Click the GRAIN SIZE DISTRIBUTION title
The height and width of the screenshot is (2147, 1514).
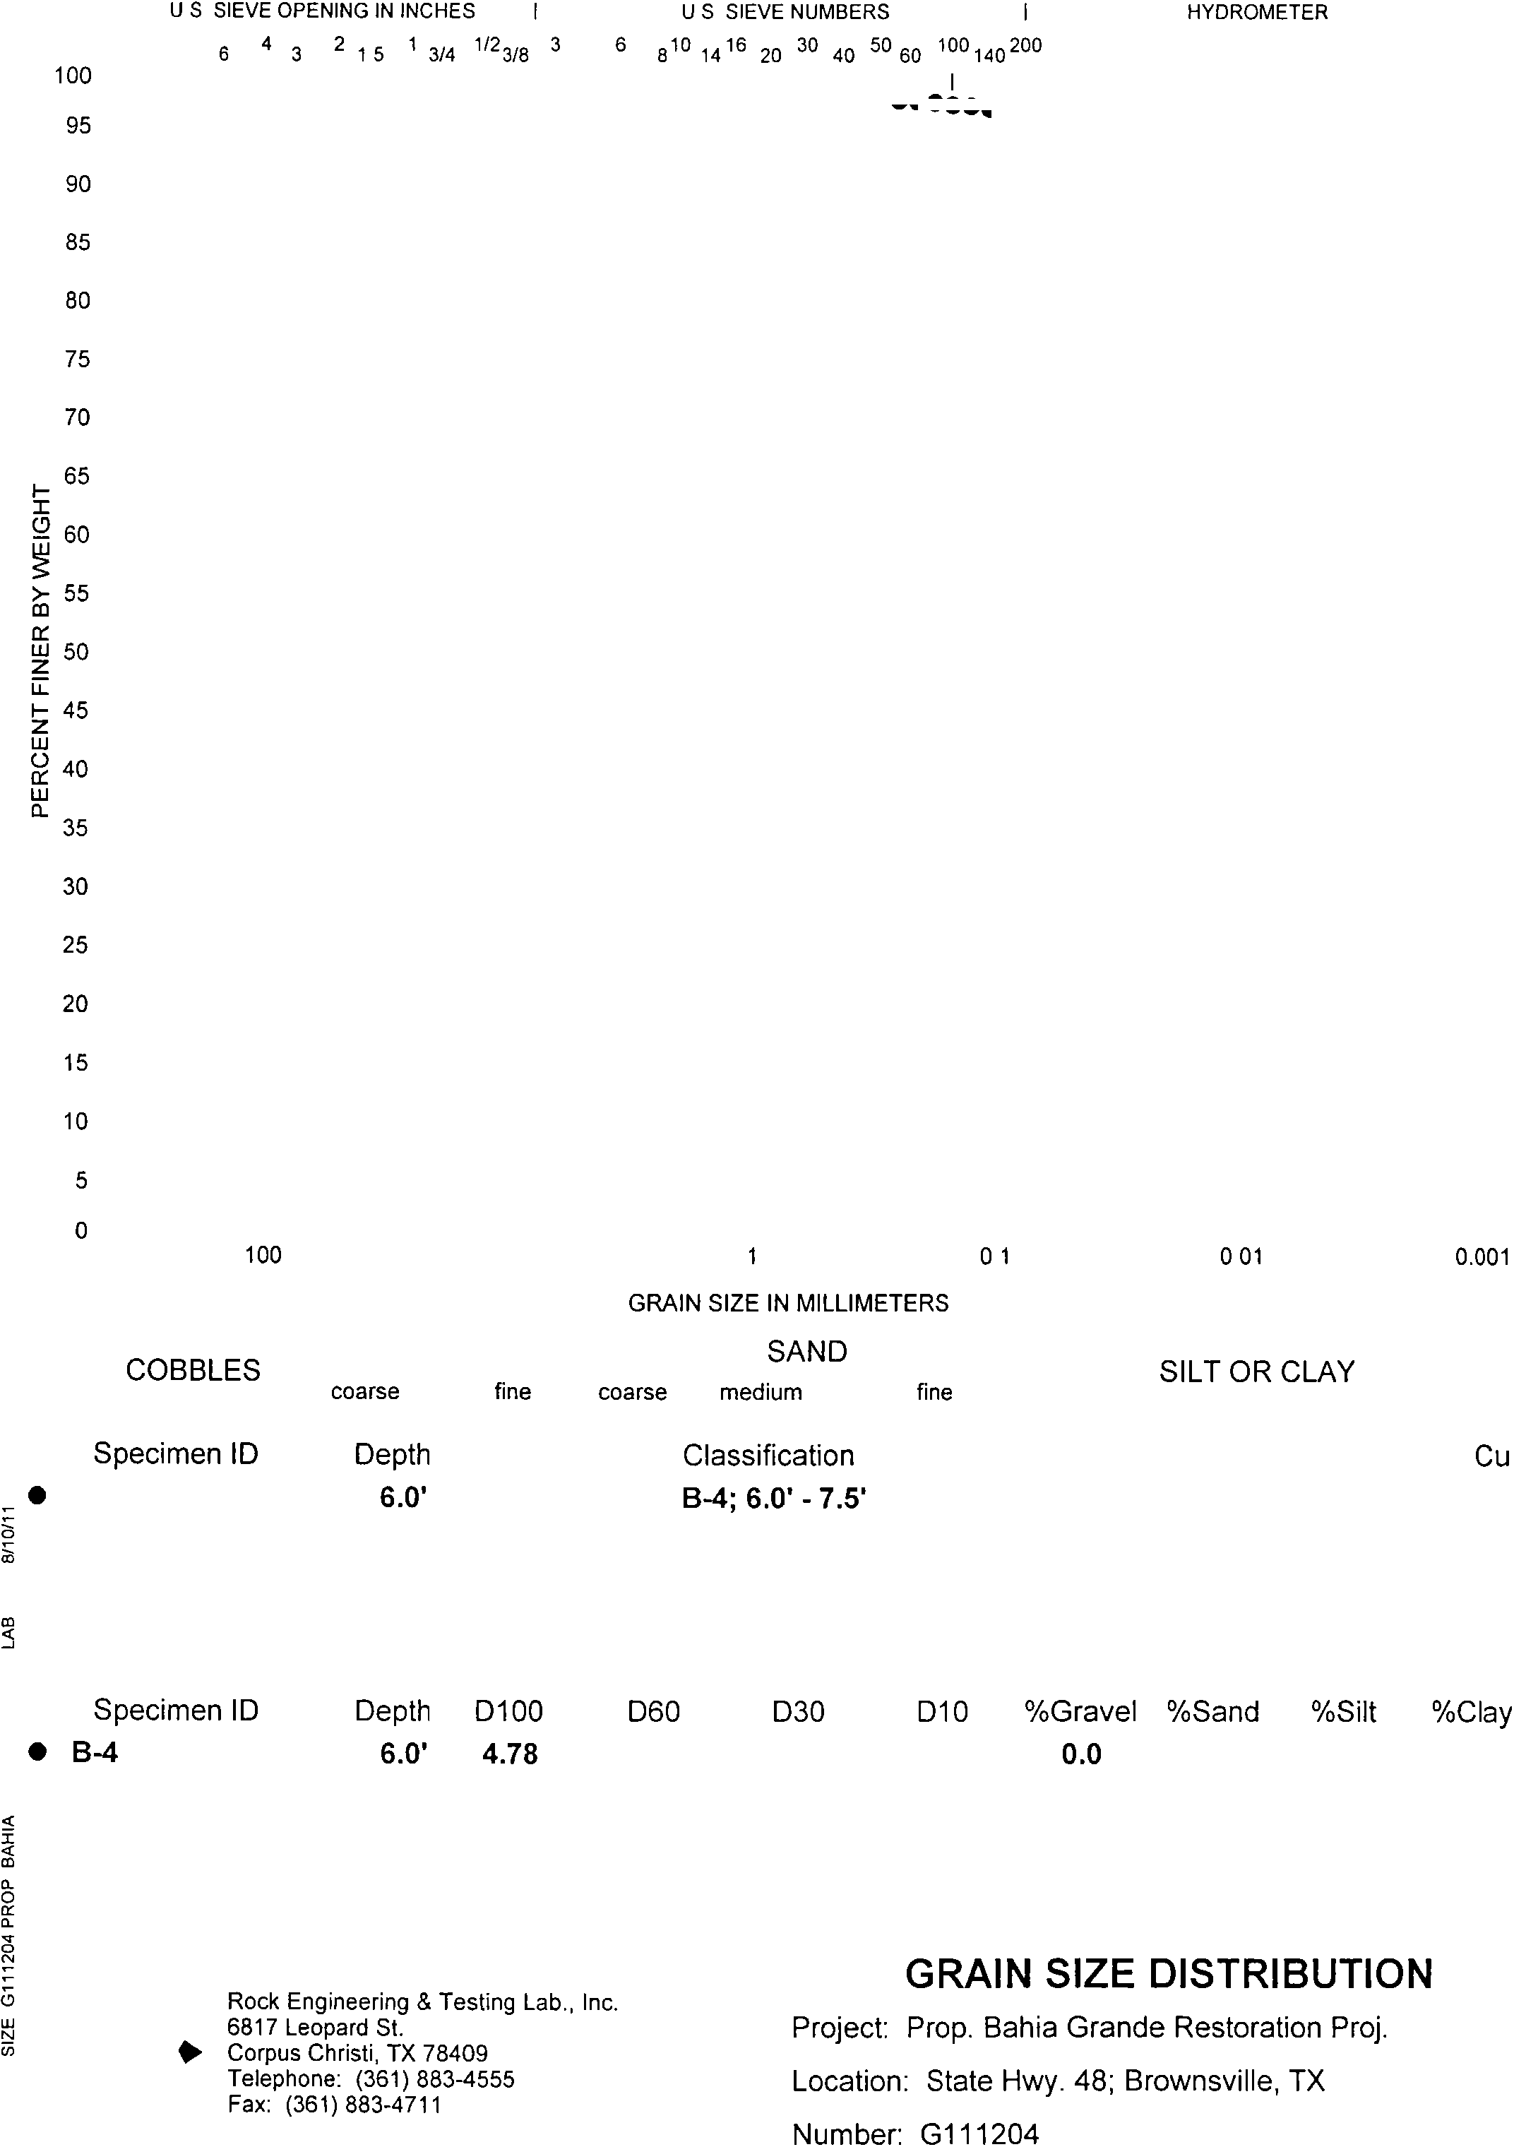coord(1169,1974)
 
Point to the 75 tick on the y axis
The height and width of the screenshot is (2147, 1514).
coord(78,359)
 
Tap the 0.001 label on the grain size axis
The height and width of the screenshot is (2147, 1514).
coord(1482,1257)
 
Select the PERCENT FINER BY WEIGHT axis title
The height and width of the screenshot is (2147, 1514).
coord(40,651)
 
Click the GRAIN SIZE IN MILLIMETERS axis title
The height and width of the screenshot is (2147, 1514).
coord(787,1302)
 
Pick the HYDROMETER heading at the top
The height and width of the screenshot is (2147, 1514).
coord(1257,12)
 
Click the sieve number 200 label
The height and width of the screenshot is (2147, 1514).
coord(1026,45)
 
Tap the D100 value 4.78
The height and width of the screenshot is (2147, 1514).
coord(510,1754)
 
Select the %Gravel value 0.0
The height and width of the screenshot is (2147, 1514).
coord(1081,1754)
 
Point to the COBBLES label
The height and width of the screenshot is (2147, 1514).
coord(193,1370)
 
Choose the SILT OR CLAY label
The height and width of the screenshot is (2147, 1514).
coord(1257,1371)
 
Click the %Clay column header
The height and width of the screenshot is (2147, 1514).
coord(1471,1711)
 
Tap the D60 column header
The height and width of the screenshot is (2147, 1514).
coord(652,1711)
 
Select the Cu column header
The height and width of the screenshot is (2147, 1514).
coord(1491,1456)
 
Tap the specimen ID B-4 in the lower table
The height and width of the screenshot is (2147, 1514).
coord(95,1752)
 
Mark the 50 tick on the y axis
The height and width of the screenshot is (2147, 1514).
coord(78,652)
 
